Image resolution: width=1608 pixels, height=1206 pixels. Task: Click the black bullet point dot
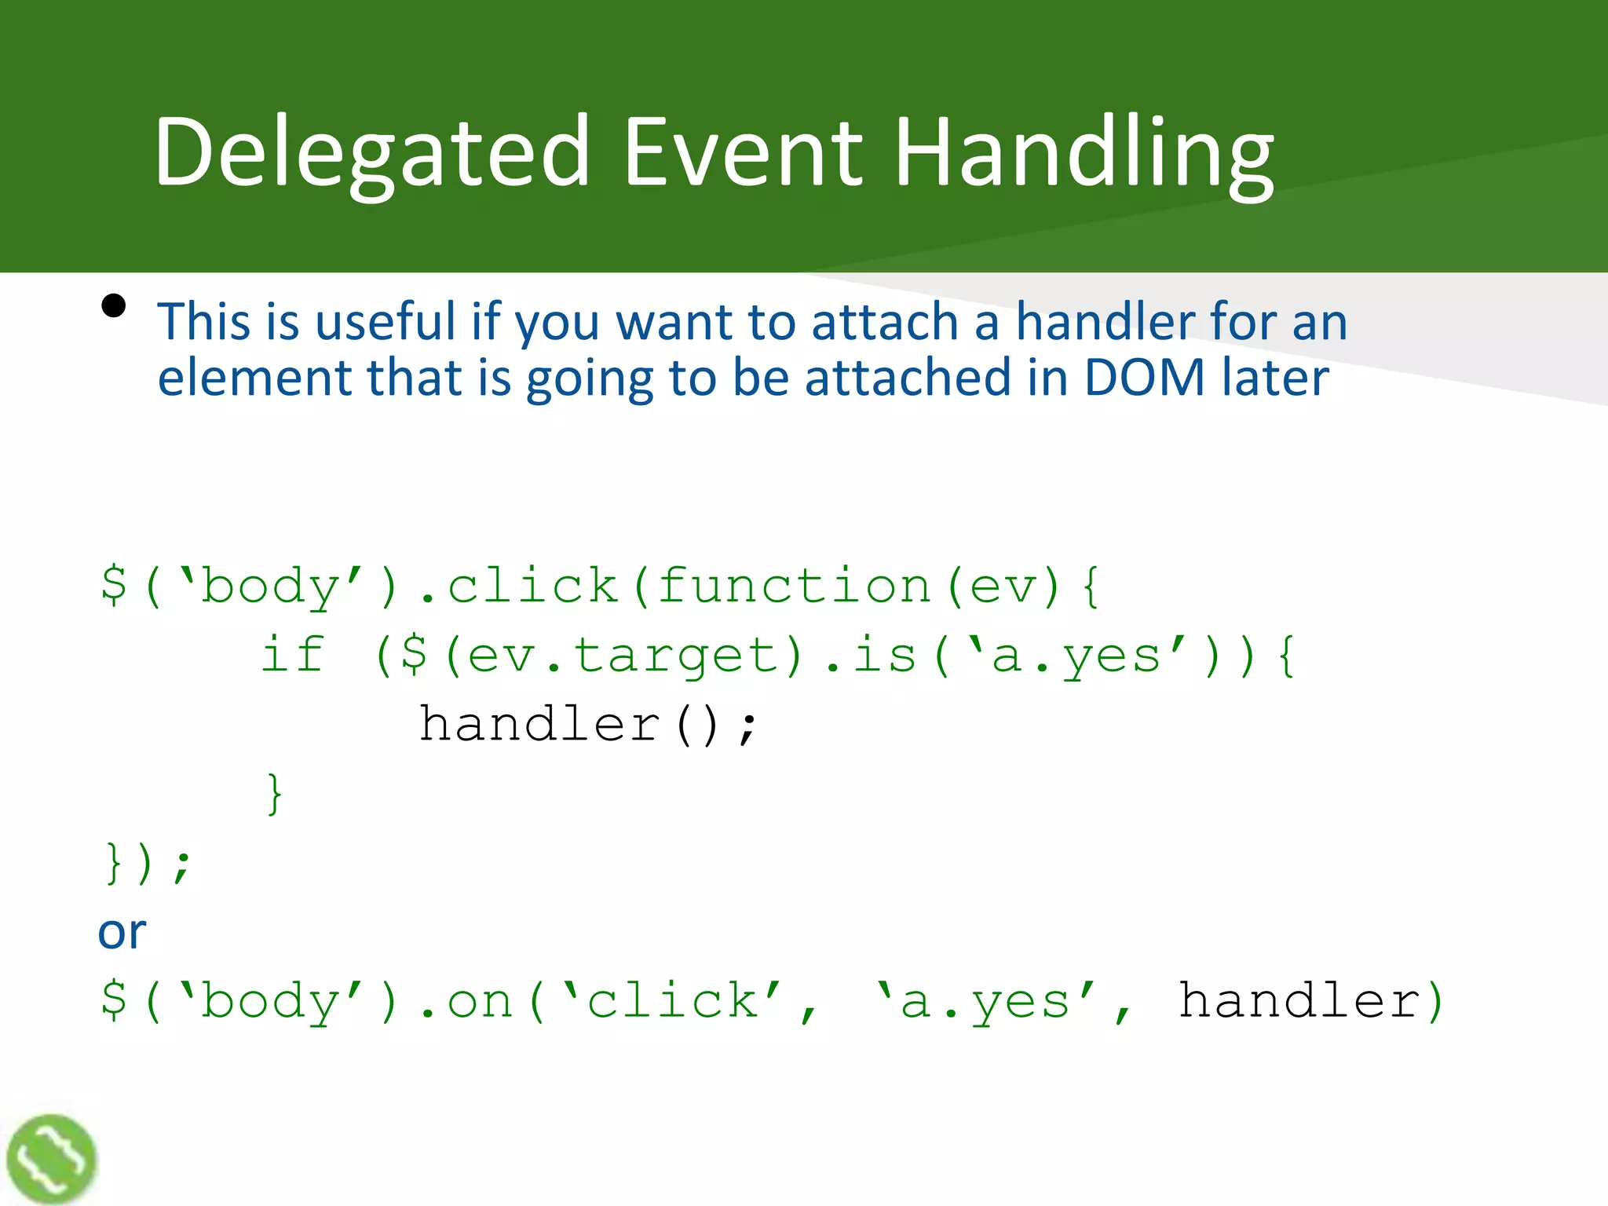pyautogui.click(x=114, y=305)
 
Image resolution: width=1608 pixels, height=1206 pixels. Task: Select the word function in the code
pyautogui.click(x=793, y=586)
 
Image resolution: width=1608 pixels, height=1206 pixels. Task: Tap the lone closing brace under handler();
pyautogui.click(x=274, y=794)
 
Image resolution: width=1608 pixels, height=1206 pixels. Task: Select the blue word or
pyautogui.click(x=122, y=932)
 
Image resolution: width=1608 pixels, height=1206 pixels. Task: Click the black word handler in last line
pyautogui.click(x=1299, y=1000)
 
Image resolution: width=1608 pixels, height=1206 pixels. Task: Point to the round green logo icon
pyautogui.click(x=51, y=1159)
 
